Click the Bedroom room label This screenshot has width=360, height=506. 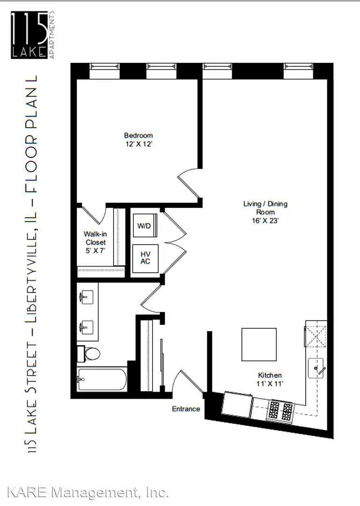click(x=139, y=135)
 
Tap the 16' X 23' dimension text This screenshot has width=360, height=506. click(x=265, y=221)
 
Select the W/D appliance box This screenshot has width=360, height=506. click(x=145, y=225)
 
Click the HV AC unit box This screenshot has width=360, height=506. click(x=146, y=258)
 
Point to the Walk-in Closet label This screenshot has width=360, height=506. click(x=95, y=238)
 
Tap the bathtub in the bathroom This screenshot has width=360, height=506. click(x=102, y=379)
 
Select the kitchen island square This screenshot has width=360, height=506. click(x=259, y=344)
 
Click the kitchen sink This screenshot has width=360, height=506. click(x=316, y=368)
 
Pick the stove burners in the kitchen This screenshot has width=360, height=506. click(x=280, y=410)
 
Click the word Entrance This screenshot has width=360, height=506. click(x=186, y=409)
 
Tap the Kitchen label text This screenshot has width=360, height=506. click(x=270, y=375)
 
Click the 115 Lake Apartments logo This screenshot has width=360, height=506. click(x=33, y=35)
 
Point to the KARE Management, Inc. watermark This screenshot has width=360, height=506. click(x=88, y=492)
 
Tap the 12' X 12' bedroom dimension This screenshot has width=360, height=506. click(x=139, y=144)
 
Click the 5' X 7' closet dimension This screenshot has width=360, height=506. click(x=96, y=250)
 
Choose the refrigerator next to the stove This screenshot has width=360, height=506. click(x=237, y=404)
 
